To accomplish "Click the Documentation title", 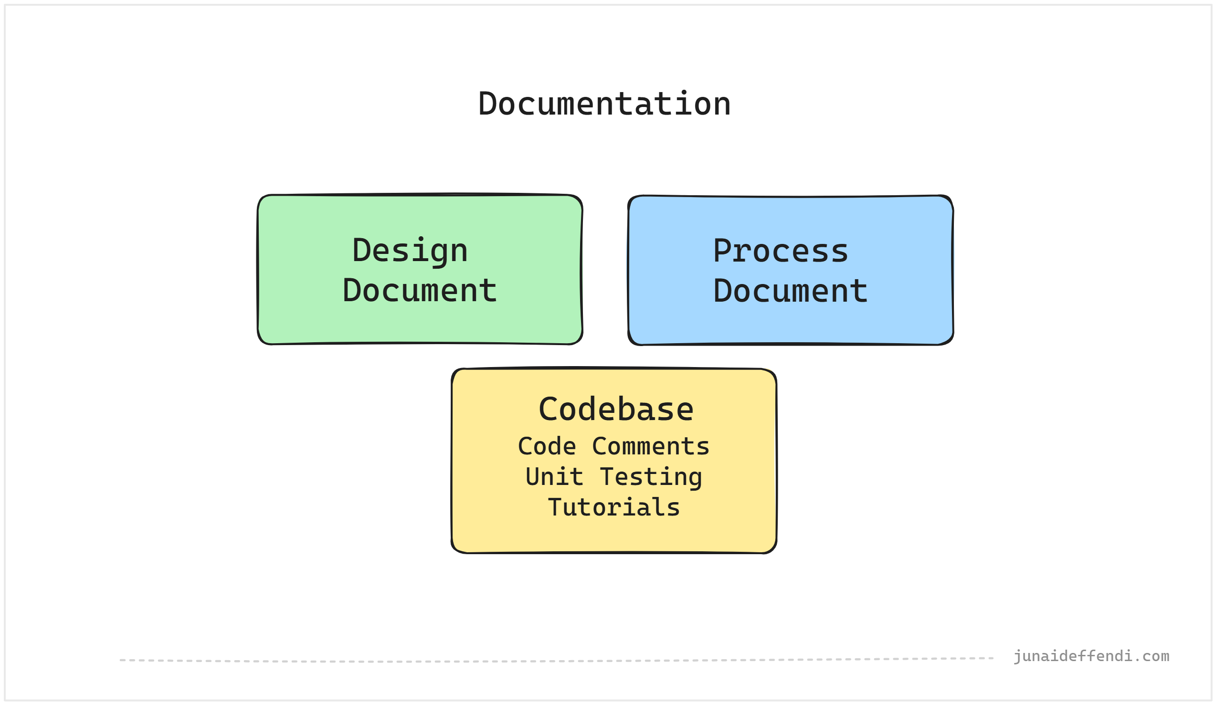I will [604, 104].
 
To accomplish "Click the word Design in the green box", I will [410, 251].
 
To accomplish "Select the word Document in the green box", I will [419, 291].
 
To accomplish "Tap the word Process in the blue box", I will [780, 252].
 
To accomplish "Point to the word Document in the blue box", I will [791, 292].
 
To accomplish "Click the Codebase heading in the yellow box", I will [616, 410].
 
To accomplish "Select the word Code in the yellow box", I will [547, 446].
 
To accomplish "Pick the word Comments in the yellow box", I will [650, 446].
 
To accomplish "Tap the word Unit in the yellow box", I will [554, 477].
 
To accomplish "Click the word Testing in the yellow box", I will [650, 477].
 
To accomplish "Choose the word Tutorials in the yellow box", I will [614, 508].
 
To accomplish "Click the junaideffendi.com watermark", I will [1090, 656].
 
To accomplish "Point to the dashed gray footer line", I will [555, 660].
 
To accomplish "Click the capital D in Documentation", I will [488, 104].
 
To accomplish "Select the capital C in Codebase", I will [547, 410].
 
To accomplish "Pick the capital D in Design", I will [360, 251].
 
